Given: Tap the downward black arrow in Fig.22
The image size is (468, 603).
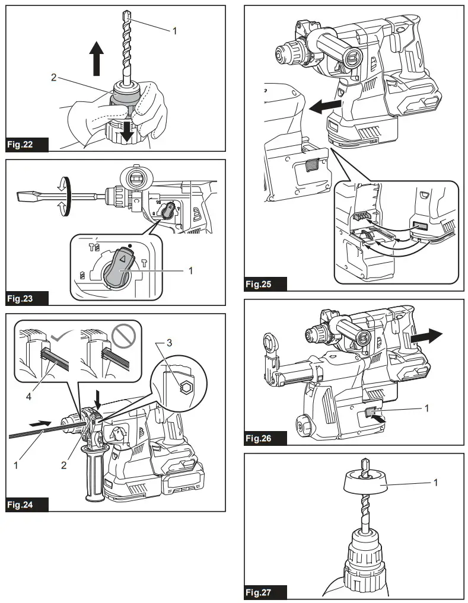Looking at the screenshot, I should [126, 129].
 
